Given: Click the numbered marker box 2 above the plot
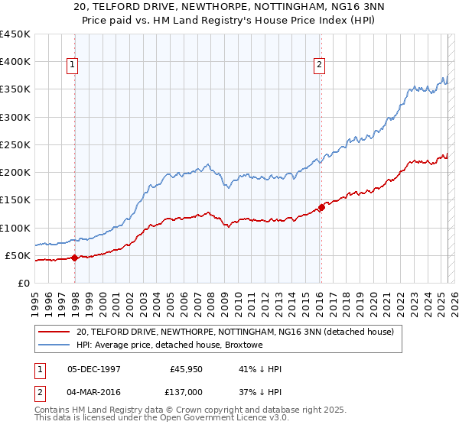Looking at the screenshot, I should coord(318,66).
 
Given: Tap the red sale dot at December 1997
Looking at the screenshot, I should coord(74,258).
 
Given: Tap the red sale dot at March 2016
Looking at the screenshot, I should coord(321,207).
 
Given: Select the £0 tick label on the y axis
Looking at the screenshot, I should coord(23,284).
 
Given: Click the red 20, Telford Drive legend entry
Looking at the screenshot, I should coord(235,332).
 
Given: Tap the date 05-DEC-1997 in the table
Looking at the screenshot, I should coord(94,369).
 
